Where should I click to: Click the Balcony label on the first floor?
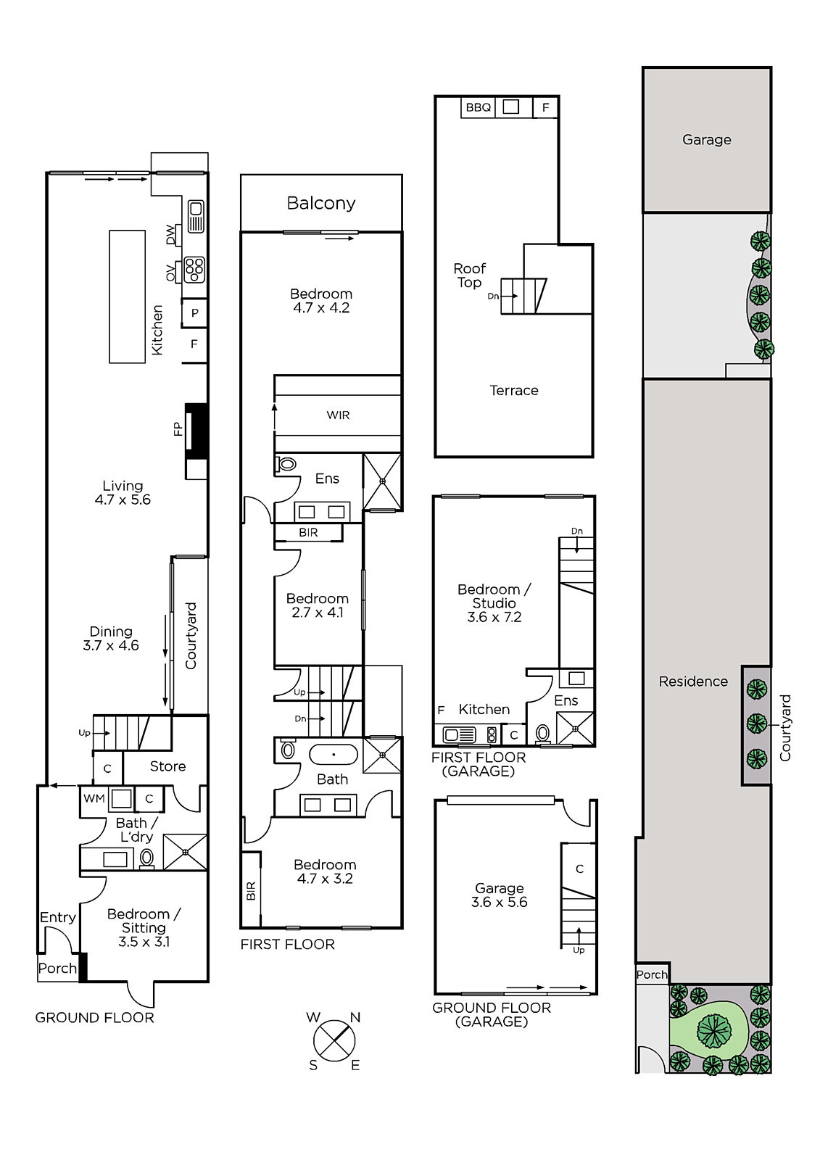point(321,203)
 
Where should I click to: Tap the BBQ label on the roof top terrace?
point(478,107)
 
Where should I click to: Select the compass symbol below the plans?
point(334,1041)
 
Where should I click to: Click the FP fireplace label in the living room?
point(178,428)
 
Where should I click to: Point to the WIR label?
point(339,415)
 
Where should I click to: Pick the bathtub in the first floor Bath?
point(334,755)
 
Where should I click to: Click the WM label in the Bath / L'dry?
point(94,798)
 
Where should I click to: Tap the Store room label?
point(167,766)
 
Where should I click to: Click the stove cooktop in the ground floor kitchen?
point(194,270)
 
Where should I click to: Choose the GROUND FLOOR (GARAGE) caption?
point(492,1014)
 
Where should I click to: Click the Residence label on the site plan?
point(693,681)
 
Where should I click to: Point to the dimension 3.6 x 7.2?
point(494,617)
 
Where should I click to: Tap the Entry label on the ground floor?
point(58,917)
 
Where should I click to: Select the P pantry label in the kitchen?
point(195,312)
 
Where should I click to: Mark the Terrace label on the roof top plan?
point(514,390)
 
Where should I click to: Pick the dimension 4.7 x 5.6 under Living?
point(123,500)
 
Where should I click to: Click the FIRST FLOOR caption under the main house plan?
point(288,944)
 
